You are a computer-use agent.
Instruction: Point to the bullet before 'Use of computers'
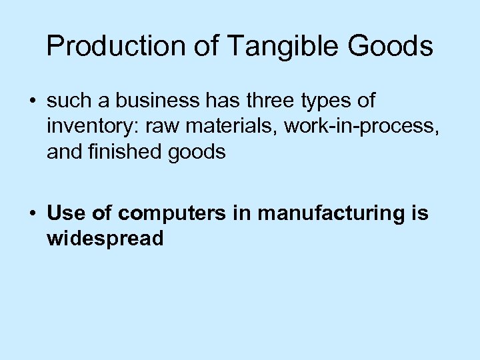tap(32, 213)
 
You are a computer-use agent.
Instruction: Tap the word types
tap(323, 103)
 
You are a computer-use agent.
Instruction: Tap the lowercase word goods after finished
tap(199, 153)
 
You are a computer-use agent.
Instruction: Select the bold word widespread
tap(105, 239)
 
